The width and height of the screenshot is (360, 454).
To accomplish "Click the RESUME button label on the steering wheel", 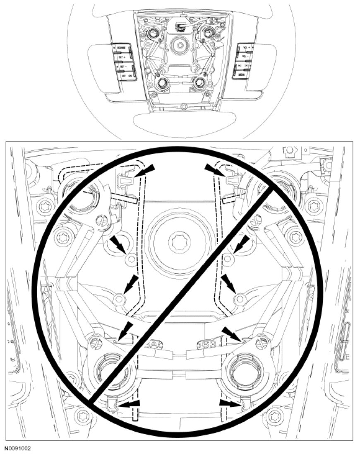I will (121, 48).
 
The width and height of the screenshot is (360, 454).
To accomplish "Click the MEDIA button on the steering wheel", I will (241, 75).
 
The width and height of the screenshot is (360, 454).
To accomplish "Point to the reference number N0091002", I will (17, 449).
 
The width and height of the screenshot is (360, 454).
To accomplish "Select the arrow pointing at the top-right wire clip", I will (212, 169).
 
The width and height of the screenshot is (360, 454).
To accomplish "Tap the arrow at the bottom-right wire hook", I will (227, 402).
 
